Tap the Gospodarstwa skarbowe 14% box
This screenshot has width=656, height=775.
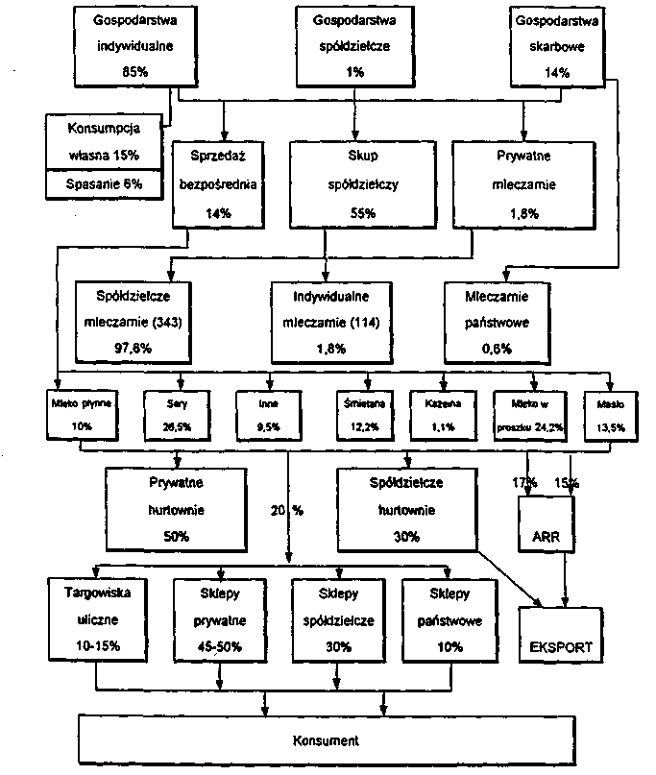point(555,45)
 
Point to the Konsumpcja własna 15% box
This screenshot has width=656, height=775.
point(103,141)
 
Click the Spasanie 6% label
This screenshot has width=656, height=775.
point(103,182)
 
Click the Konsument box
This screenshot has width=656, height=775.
point(326,740)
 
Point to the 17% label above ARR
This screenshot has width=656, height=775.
point(524,481)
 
